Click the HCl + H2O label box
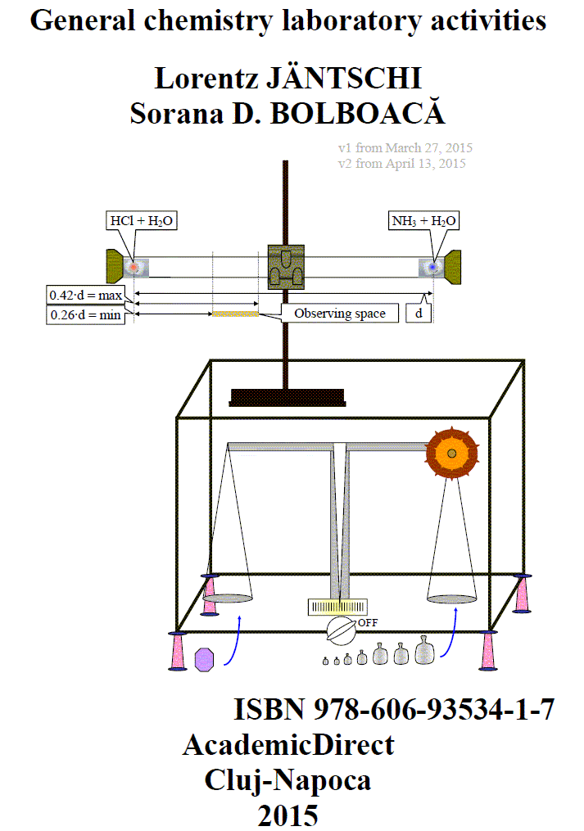[142, 220]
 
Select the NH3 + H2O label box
[423, 220]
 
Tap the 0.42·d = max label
[85, 295]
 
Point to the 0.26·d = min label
[85, 315]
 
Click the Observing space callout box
[339, 314]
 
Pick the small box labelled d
[419, 314]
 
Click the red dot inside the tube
[134, 267]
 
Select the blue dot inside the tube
[433, 267]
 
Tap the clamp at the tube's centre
[286, 267]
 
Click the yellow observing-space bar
[235, 314]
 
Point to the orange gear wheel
[452, 453]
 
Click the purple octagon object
[204, 660]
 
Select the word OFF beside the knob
[368, 623]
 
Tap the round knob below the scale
[341, 630]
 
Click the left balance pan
[228, 598]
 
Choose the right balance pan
[452, 598]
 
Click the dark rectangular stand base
[287, 397]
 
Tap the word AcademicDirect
[288, 745]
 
